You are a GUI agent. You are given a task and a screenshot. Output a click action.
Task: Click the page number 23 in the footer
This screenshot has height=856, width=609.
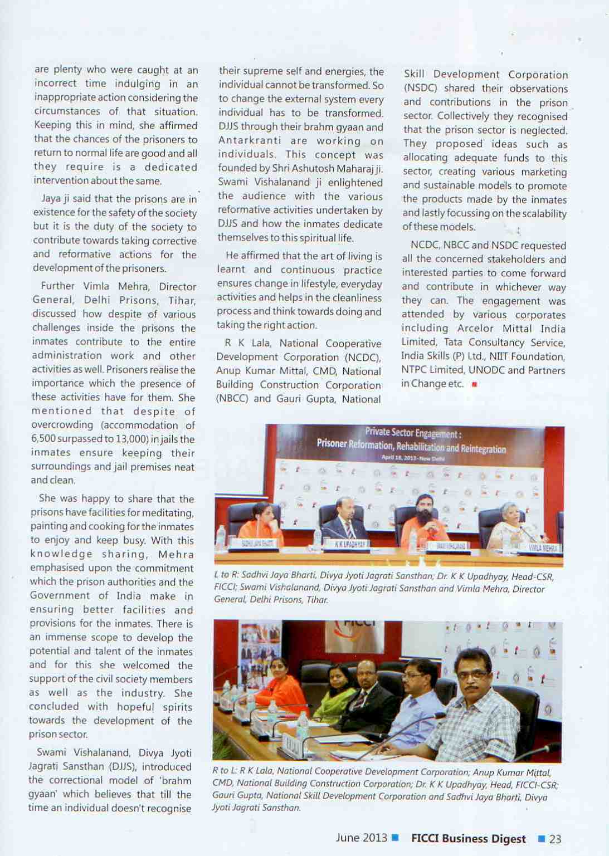coord(555,839)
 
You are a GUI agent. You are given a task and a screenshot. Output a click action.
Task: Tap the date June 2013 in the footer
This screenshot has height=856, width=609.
coord(361,838)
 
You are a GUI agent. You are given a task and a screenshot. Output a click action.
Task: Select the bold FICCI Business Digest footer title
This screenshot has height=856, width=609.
coord(468,839)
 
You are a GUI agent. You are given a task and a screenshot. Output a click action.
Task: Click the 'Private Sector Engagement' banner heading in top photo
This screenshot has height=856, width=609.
coord(413,432)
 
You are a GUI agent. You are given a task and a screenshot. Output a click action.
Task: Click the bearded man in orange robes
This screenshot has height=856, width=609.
coord(425,521)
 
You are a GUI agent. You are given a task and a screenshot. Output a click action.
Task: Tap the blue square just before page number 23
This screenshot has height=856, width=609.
coord(541,838)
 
